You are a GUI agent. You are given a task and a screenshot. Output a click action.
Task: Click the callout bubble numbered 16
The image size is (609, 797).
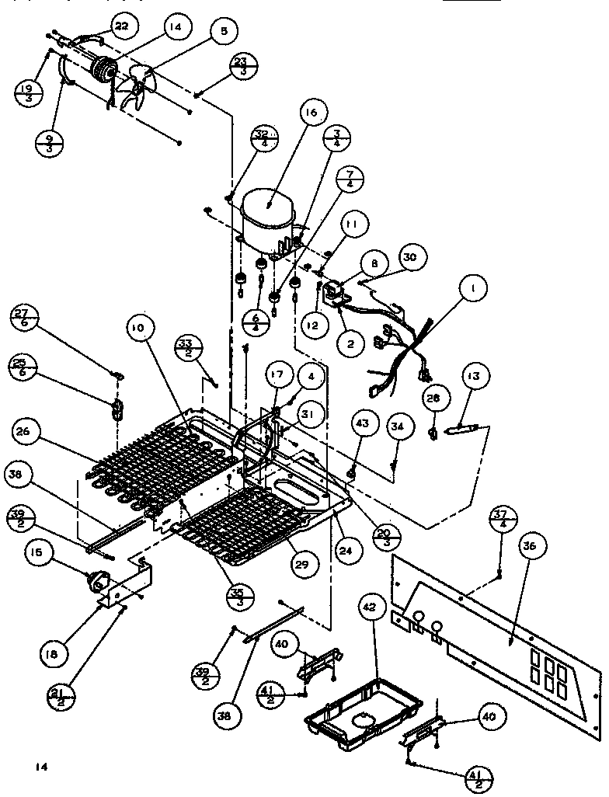(x=311, y=113)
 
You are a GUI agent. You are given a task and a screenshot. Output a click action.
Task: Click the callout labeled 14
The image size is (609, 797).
(x=176, y=28)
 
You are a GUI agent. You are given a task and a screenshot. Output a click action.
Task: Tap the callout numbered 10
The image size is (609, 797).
(x=137, y=329)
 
